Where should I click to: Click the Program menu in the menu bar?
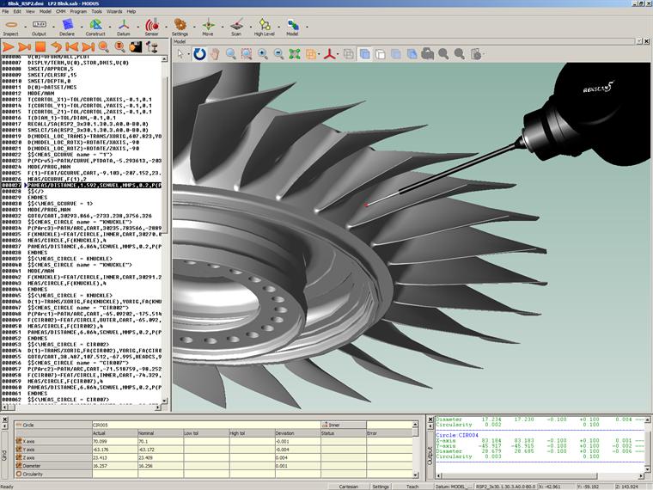tap(78, 12)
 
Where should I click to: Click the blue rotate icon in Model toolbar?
tap(199, 54)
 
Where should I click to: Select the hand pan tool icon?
tap(215, 54)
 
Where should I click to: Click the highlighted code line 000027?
tap(86, 185)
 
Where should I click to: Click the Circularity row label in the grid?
tap(34, 475)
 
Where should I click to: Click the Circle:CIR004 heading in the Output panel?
tap(456, 435)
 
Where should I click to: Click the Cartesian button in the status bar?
tap(347, 486)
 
